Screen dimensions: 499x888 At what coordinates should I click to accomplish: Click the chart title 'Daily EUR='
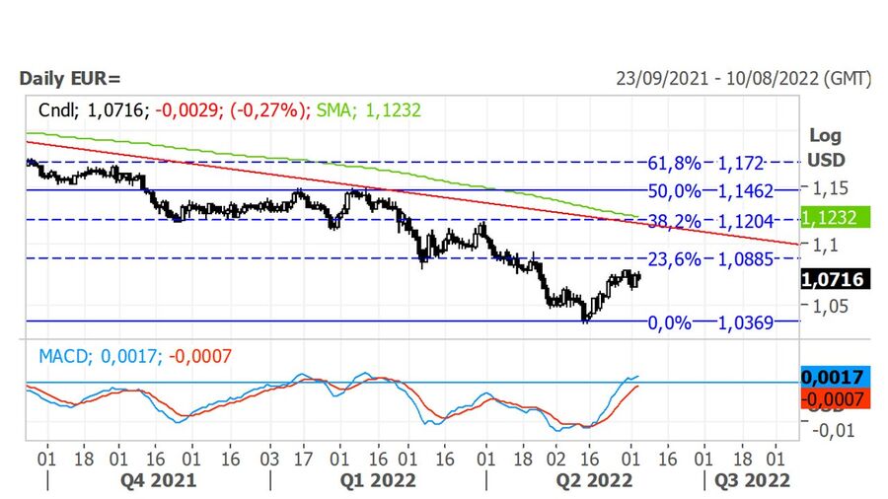click(68, 78)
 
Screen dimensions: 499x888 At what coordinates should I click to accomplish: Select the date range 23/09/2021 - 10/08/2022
click(743, 78)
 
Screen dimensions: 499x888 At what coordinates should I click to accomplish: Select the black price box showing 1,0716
click(834, 280)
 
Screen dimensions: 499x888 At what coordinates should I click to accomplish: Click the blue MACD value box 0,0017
click(834, 377)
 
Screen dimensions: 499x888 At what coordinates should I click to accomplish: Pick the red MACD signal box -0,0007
click(834, 398)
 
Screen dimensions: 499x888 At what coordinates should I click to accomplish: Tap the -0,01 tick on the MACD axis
click(830, 430)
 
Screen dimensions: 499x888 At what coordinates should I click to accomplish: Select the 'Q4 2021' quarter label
click(158, 480)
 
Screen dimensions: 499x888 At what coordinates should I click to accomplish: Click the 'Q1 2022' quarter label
click(378, 480)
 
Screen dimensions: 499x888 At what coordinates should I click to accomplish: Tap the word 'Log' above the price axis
click(825, 136)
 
